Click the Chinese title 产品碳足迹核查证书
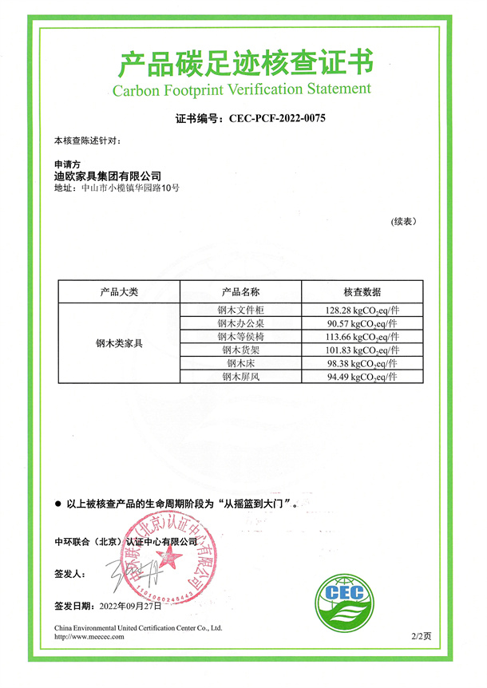(243, 61)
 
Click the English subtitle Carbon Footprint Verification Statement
(242, 88)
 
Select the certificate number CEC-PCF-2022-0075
(278, 118)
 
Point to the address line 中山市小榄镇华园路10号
(128, 188)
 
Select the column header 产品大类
(120, 292)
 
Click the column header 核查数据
(362, 292)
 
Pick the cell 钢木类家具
(120, 343)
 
